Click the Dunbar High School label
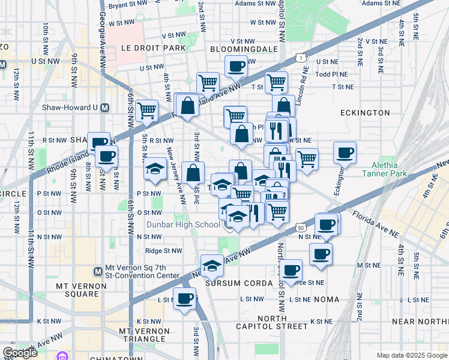point(182,225)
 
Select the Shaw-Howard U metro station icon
point(106,108)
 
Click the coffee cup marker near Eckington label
point(345,153)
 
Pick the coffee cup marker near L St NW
point(185,298)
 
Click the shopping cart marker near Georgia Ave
point(146,111)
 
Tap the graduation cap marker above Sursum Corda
point(211,265)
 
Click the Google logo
point(20,352)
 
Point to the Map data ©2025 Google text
point(411,355)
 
